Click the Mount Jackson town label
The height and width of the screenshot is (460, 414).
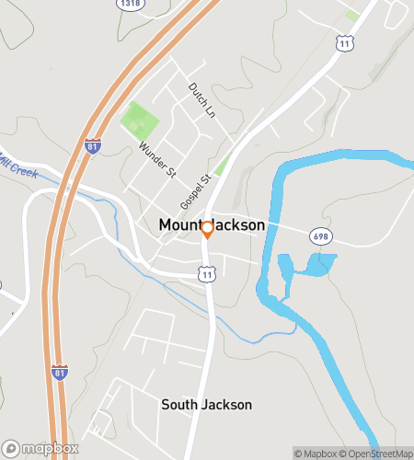[212, 224]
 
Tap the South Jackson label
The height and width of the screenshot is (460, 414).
[206, 405]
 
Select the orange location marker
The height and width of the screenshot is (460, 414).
[208, 230]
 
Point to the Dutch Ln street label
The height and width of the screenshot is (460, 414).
[201, 100]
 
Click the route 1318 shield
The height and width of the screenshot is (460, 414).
[130, 4]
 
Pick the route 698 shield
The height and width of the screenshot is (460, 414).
[320, 236]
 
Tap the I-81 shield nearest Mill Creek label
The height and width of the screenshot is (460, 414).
[92, 145]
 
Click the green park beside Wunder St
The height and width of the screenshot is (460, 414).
[140, 120]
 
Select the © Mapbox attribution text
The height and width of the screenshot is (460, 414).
[316, 453]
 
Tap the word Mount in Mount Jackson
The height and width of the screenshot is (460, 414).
[178, 224]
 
